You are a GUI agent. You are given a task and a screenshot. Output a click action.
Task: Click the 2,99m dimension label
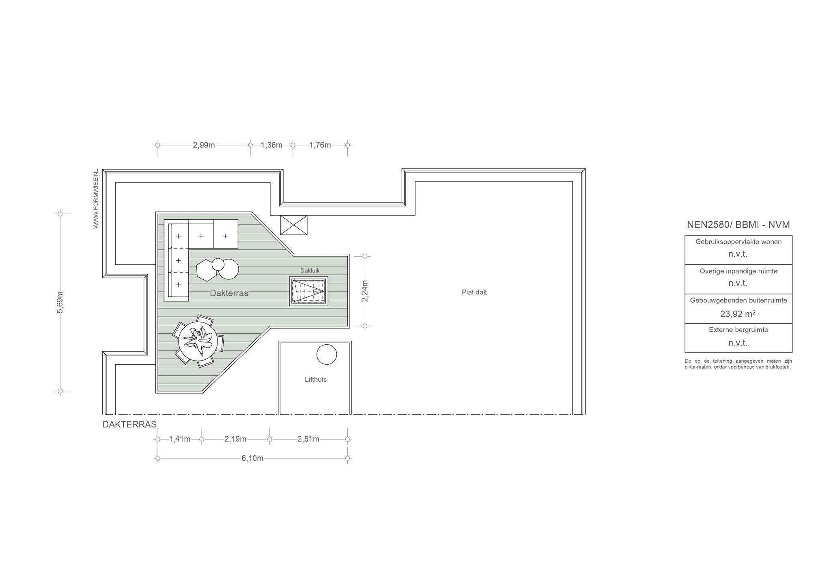point(204,145)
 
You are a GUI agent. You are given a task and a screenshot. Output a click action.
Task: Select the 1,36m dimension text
point(271,145)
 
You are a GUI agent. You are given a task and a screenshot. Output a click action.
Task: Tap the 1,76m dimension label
point(320,145)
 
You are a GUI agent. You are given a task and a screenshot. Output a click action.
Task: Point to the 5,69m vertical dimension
point(60,302)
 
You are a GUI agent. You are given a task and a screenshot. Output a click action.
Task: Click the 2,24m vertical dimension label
point(365,291)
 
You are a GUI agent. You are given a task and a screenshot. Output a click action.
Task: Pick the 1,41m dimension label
point(180,439)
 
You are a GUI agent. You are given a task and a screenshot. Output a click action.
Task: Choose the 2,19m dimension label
point(235,439)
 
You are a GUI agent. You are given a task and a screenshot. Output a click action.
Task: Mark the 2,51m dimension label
point(308,439)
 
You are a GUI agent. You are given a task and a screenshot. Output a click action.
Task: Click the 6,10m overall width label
point(252,458)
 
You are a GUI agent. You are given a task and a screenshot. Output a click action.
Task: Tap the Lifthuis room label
point(316,380)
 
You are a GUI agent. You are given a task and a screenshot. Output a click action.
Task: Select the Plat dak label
point(474,292)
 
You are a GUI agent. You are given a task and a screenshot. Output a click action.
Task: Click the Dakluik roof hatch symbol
point(309,291)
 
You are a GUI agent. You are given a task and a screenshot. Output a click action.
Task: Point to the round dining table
point(198,341)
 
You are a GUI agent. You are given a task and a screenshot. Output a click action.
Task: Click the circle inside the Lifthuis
point(327,355)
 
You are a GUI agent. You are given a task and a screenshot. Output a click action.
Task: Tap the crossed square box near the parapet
point(294,225)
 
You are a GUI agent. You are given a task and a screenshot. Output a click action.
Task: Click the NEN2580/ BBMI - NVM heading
point(738,225)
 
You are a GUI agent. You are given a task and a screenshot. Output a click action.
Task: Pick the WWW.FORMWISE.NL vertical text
point(96,199)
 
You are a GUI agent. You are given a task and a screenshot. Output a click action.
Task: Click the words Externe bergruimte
point(738,330)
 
